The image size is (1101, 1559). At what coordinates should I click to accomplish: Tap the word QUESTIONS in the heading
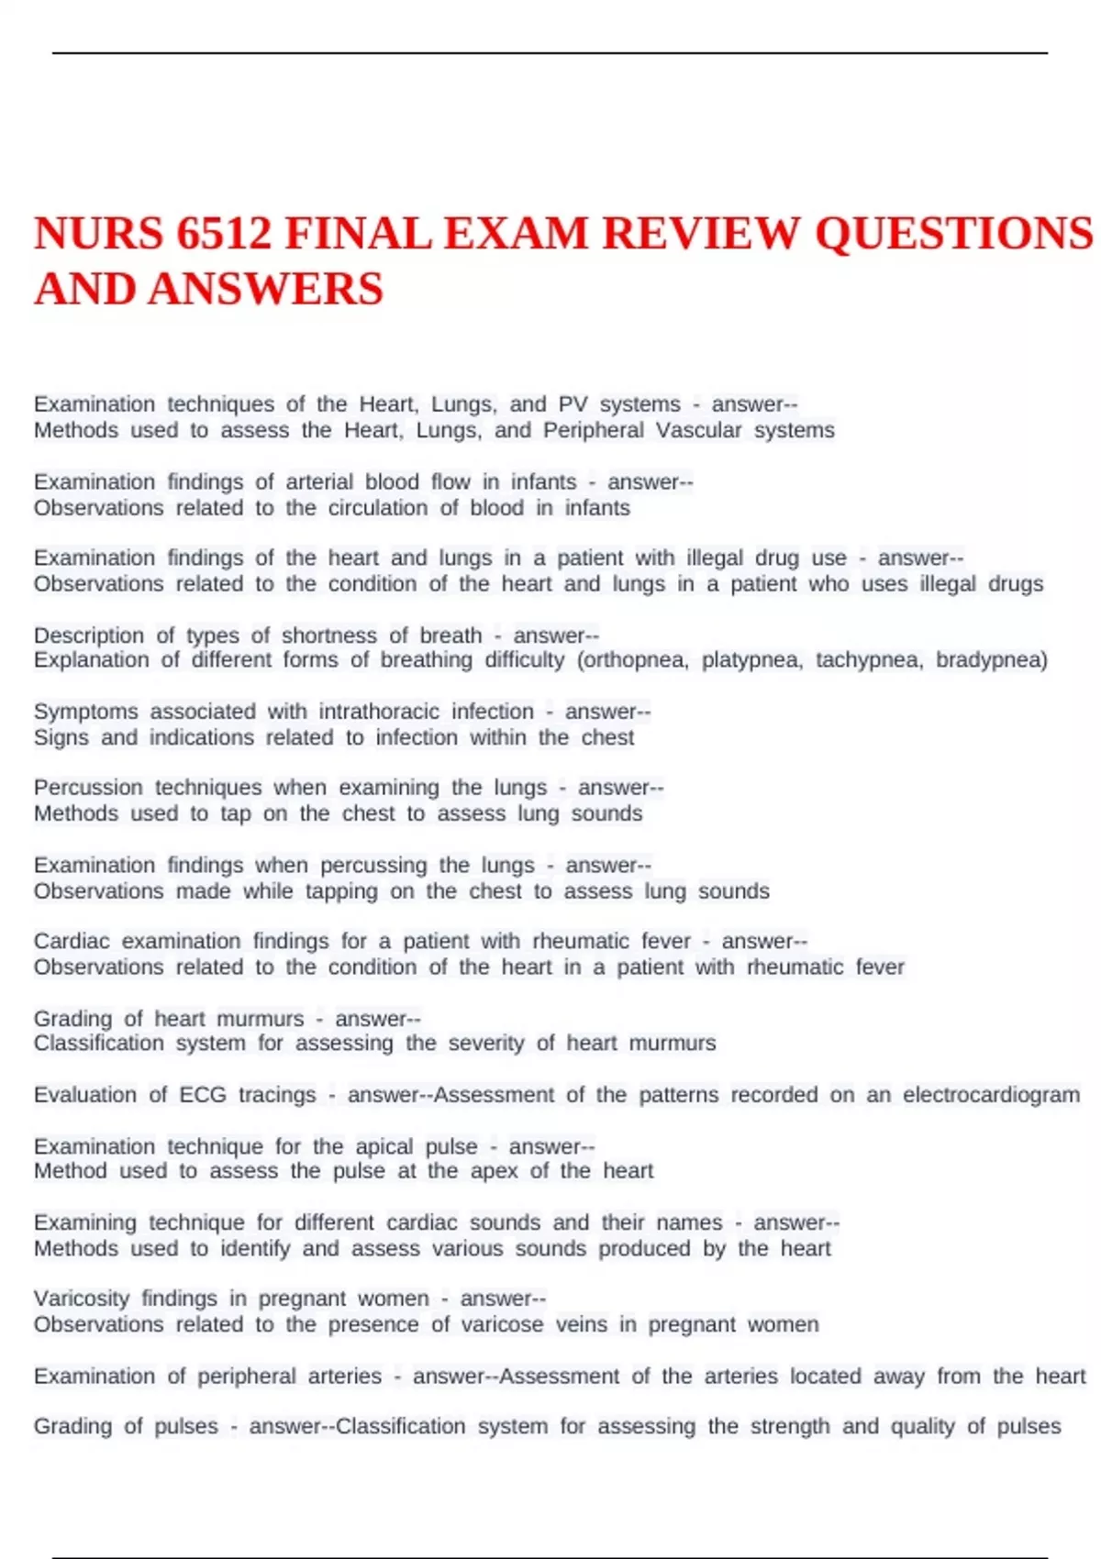[x=953, y=233]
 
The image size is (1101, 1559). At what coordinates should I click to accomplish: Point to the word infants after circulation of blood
[x=597, y=508]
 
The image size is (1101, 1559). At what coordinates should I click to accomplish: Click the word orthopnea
[x=632, y=660]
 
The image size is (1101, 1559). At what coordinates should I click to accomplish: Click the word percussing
[x=373, y=865]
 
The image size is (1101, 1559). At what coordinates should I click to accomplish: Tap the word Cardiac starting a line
[x=72, y=941]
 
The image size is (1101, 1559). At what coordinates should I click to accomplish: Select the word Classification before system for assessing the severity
[x=99, y=1044]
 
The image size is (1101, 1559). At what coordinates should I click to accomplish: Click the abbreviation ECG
[x=202, y=1095]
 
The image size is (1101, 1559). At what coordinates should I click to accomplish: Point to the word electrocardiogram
[x=991, y=1095]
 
